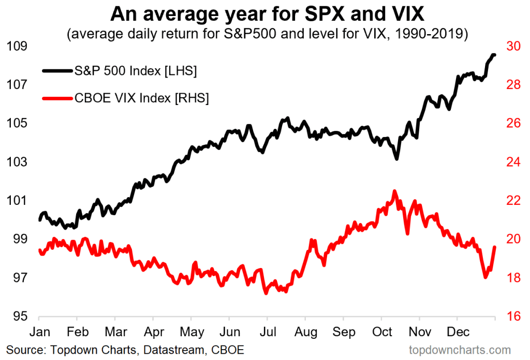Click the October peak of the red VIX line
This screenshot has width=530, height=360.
pyautogui.click(x=394, y=191)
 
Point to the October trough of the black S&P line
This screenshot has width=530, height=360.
pyautogui.click(x=396, y=158)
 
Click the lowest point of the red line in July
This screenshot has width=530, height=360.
pyautogui.click(x=266, y=293)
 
